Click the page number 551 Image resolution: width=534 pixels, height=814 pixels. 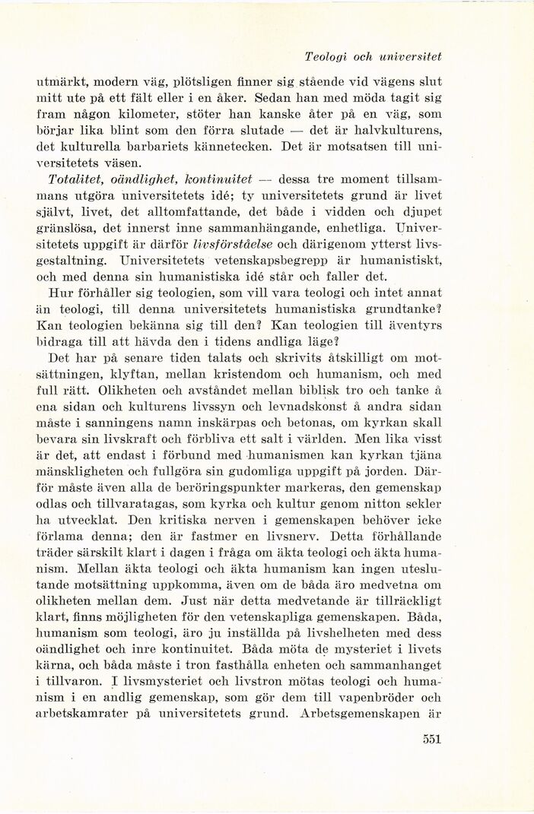pyautogui.click(x=430, y=737)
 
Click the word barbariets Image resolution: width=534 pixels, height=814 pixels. pyautogui.click(x=161, y=147)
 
